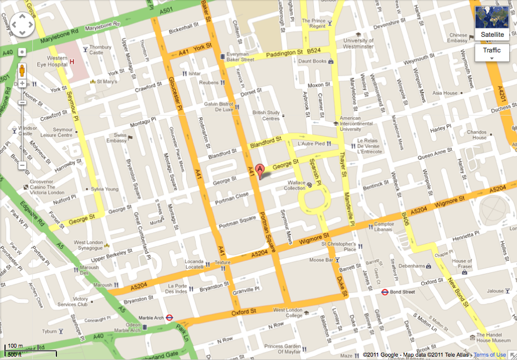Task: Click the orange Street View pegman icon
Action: (x=22, y=71)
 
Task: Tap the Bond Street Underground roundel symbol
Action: (x=384, y=291)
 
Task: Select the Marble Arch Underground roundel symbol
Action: (x=170, y=317)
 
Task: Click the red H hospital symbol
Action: (x=72, y=61)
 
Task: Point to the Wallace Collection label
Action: (x=294, y=185)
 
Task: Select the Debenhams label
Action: (x=411, y=266)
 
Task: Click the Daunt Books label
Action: (x=312, y=61)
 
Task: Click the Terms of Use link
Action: (x=490, y=355)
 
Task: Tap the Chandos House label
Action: (x=480, y=135)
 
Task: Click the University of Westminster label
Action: (x=358, y=44)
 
